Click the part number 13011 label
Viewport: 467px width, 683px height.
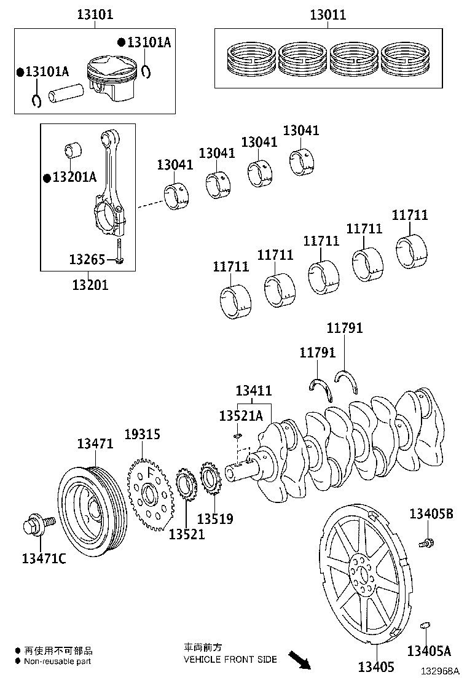click(x=328, y=15)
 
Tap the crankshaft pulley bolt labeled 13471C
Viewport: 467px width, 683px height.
click(x=37, y=525)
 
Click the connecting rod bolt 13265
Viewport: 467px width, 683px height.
click(x=120, y=251)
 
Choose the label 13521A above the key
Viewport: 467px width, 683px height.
click(x=241, y=416)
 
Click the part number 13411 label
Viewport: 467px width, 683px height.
click(x=254, y=391)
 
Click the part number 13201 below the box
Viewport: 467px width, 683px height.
click(x=90, y=284)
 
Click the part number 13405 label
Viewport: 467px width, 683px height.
click(x=377, y=666)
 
